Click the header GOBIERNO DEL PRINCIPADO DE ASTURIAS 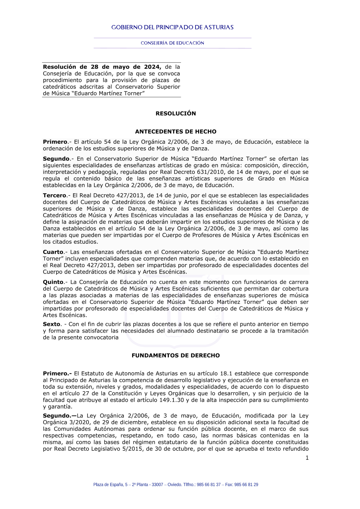coord(172,27)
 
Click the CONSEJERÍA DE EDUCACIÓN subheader coord(172,43)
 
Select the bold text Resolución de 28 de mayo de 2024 coord(102,67)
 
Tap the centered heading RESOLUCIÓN coord(176,113)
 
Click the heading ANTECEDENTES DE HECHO coord(176,132)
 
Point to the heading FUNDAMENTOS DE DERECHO coord(176,356)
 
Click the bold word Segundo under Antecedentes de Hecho coord(56,159)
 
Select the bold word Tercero coord(55,195)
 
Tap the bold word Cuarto coord(53,252)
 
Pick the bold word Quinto coord(53,282)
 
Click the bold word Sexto coord(51,324)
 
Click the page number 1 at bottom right coord(307,458)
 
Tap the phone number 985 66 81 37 coord(209,485)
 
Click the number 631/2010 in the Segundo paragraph coord(212,172)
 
